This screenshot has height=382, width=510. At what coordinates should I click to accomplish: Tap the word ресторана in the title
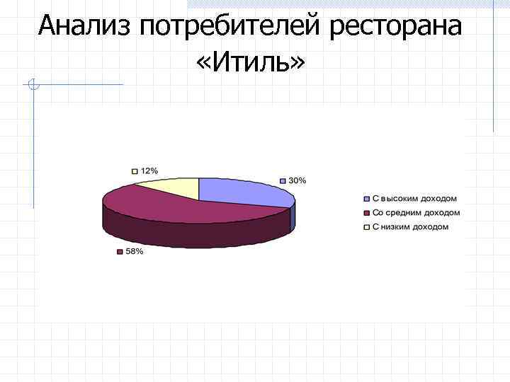(x=396, y=27)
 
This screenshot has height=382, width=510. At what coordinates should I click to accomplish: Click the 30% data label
(x=297, y=180)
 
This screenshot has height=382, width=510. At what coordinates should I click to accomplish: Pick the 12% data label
(x=149, y=171)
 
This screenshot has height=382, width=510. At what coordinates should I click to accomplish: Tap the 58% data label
(x=135, y=252)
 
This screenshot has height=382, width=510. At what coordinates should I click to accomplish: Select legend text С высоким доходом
(x=414, y=199)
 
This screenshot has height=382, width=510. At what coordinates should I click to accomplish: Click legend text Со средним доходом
(x=416, y=213)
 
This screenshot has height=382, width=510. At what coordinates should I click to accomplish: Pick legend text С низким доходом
(x=410, y=227)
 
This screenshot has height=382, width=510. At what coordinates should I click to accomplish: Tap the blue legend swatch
(x=366, y=199)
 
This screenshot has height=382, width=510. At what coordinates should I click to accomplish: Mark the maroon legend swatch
(x=366, y=213)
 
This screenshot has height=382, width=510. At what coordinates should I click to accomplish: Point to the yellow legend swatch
(x=366, y=227)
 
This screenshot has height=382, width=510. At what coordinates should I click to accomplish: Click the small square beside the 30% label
(x=283, y=180)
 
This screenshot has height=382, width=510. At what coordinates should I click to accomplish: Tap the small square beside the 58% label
(x=120, y=252)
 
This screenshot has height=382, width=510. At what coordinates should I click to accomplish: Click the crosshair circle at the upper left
(x=32, y=86)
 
